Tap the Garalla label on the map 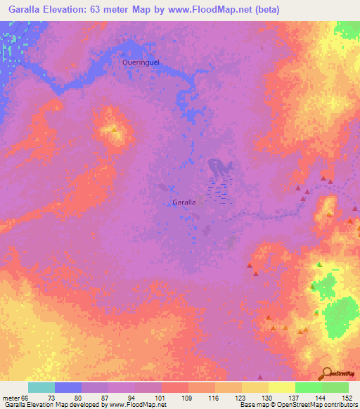coord(184,202)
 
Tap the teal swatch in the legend coord(41,387)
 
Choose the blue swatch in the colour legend coord(67,387)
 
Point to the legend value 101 coord(161,397)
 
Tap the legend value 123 coord(241,397)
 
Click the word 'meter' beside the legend coord(11,397)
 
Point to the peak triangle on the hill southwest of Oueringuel coord(114,130)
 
